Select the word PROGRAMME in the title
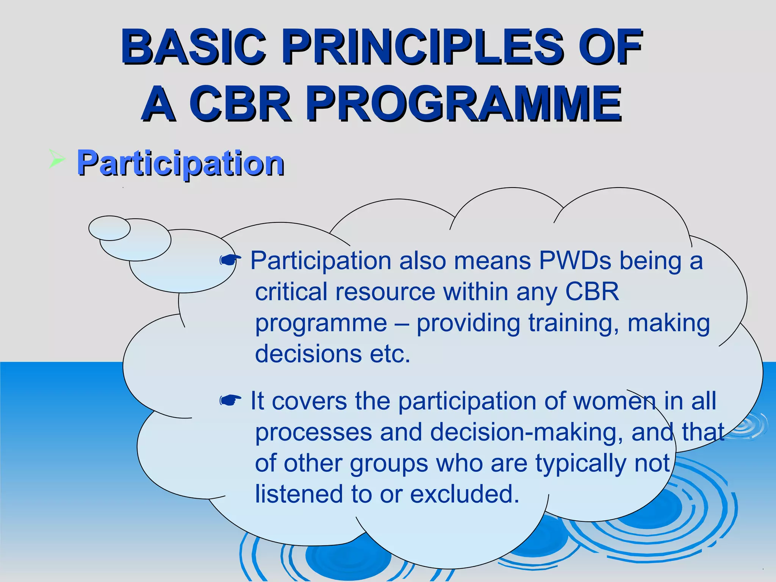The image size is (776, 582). [x=464, y=103]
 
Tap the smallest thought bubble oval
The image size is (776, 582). [x=109, y=228]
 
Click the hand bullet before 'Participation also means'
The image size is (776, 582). [x=230, y=260]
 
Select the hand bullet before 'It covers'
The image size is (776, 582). [x=230, y=400]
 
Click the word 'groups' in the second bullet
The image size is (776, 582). [x=389, y=464]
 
